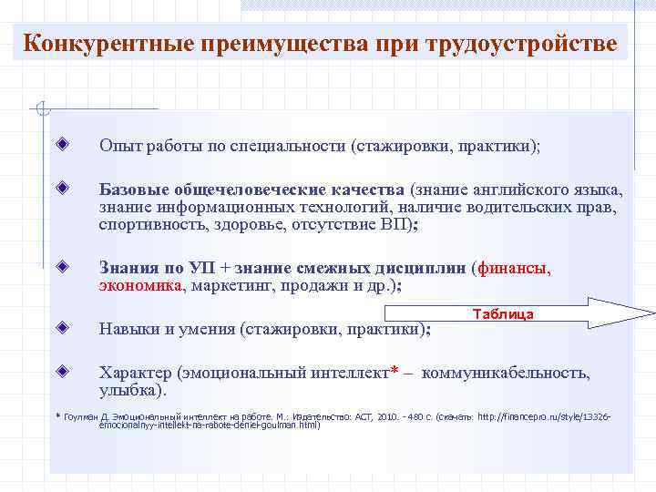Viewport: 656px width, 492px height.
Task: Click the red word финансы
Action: click(516, 269)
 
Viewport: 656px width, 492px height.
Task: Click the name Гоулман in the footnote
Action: click(84, 416)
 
